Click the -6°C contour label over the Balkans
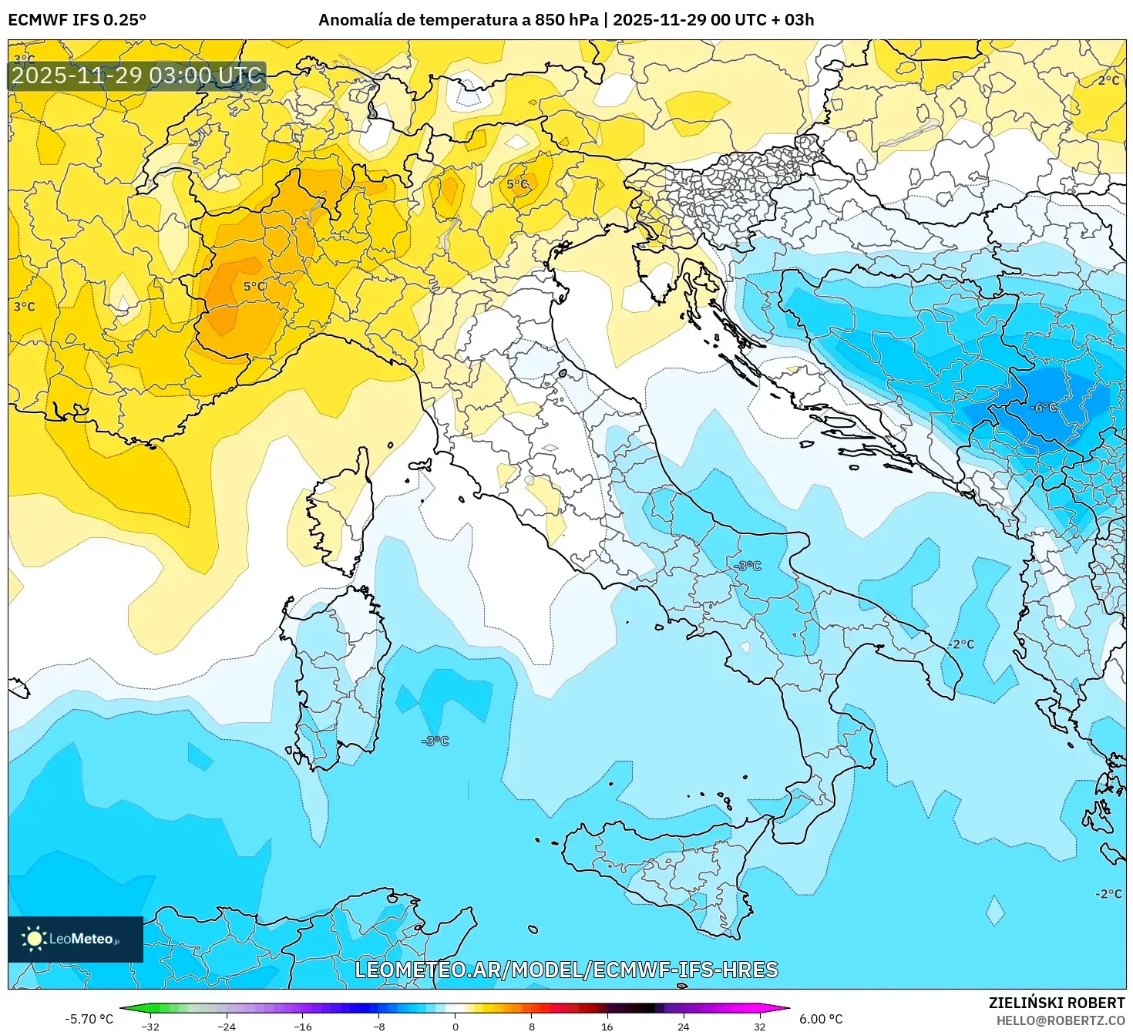1044,407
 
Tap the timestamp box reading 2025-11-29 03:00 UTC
136,76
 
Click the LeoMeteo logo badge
75,939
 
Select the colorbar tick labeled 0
456,1026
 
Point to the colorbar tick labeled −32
150,1026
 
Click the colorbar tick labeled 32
760,1026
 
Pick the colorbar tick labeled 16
607,1026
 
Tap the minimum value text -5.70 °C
89,1019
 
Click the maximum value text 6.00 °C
821,1019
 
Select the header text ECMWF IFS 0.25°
77,20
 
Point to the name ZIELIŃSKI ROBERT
1057,1003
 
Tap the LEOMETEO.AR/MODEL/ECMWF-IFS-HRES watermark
566,970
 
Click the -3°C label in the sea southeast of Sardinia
435,741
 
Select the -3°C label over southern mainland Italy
747,566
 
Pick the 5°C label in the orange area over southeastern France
254,287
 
